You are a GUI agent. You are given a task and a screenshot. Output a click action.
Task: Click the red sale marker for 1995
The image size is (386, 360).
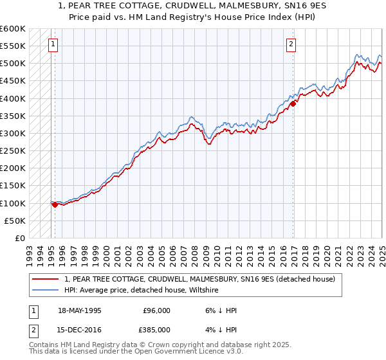(x=55, y=204)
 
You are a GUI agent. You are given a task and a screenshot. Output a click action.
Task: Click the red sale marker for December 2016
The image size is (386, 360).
(x=293, y=103)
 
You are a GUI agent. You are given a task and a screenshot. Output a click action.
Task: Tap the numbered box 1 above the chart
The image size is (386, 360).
(x=52, y=44)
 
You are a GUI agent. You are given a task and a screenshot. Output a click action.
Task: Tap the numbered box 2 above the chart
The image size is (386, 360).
(x=291, y=44)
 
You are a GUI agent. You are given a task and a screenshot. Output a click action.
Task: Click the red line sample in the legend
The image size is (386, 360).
(x=46, y=280)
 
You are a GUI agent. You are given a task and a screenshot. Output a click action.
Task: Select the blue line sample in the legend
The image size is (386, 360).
(x=46, y=291)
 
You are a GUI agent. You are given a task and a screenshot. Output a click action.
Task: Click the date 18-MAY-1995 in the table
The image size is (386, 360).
(x=80, y=310)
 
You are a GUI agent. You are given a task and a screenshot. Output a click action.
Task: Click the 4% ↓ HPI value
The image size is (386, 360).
(x=209, y=330)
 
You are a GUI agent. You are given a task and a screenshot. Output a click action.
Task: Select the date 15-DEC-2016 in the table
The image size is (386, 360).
(x=79, y=330)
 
